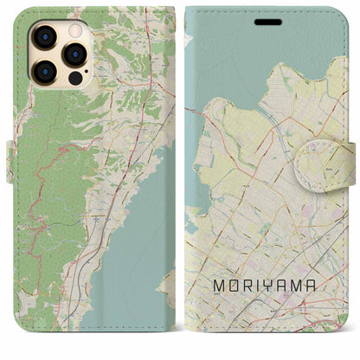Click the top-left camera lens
[42, 35]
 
